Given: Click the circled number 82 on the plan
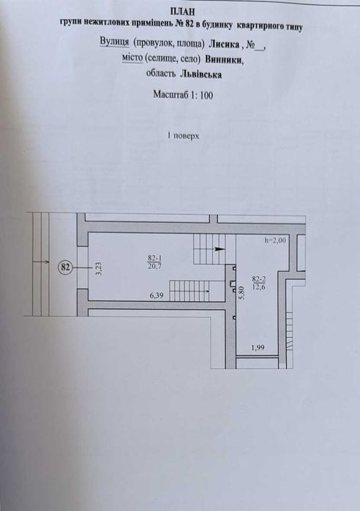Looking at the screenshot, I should click(x=65, y=268).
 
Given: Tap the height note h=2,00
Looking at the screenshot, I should click(x=277, y=240).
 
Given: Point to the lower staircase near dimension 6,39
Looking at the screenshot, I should click(x=208, y=292).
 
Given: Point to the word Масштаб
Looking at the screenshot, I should click(x=169, y=94).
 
